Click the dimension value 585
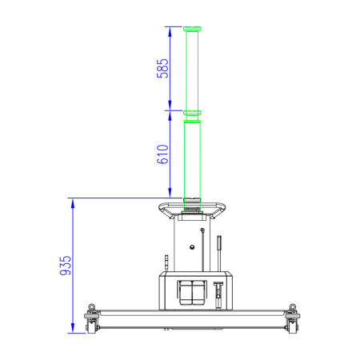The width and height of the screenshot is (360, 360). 162,69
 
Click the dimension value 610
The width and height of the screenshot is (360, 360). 162,154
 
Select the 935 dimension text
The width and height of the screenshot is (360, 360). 66,266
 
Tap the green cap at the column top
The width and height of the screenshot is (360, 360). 192,29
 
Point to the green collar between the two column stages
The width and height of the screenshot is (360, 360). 192,113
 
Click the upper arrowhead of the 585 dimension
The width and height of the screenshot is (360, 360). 170,31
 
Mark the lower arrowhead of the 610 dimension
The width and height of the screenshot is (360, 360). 170,193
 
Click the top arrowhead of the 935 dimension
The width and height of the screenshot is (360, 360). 73,203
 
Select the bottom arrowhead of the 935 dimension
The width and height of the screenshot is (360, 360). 73,328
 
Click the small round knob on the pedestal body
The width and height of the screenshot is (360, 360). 192,247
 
